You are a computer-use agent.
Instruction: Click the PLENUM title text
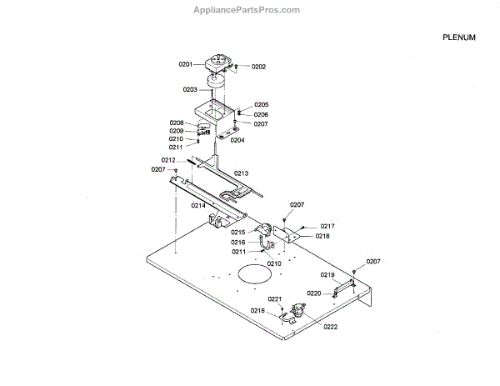[x=459, y=38]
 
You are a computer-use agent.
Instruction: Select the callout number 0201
[x=186, y=64]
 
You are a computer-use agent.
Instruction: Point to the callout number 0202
[x=258, y=67]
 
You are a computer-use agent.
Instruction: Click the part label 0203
[x=190, y=88]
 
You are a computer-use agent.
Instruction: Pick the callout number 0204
[x=237, y=140]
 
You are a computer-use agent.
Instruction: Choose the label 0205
[x=261, y=105]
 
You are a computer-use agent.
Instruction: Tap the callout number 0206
[x=261, y=114]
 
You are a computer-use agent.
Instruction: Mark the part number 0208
[x=177, y=123]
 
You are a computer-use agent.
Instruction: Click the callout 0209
[x=177, y=131]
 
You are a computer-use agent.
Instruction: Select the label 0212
[x=168, y=160]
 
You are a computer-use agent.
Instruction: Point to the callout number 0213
[x=241, y=173]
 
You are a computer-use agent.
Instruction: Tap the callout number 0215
[x=238, y=232]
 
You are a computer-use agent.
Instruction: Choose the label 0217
[x=327, y=226]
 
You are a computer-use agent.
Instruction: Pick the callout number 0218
[x=322, y=236]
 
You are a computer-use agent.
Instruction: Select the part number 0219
[x=327, y=275]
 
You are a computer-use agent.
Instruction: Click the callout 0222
[x=331, y=327]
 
